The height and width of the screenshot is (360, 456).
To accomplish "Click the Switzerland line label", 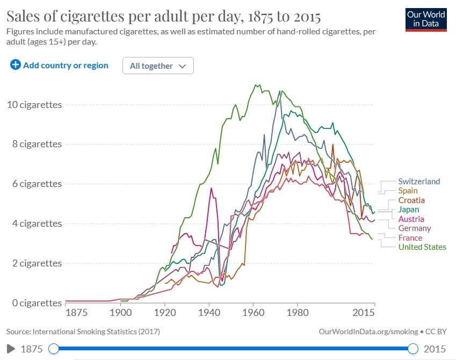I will [x=419, y=181].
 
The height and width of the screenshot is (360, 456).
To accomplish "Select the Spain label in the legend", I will [x=408, y=191].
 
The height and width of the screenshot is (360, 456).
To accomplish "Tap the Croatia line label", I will [x=411, y=200].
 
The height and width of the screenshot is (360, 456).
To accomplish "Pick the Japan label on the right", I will [x=409, y=210].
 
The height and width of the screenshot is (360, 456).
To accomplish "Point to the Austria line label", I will [x=411, y=219].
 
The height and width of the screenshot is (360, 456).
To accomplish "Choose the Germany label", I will [x=415, y=228].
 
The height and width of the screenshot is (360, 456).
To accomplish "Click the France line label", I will [x=410, y=238].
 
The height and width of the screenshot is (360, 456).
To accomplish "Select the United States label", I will [x=422, y=247].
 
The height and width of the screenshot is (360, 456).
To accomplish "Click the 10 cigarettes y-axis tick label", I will [x=34, y=105].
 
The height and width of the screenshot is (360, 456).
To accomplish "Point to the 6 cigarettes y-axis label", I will [x=34, y=184].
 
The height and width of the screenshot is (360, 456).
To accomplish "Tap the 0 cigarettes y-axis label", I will [x=34, y=303].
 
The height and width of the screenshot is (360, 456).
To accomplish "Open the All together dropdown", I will [x=158, y=66].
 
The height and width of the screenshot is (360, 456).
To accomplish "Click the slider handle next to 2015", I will [x=413, y=349].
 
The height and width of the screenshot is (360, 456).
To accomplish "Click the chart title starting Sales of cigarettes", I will [x=164, y=17].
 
